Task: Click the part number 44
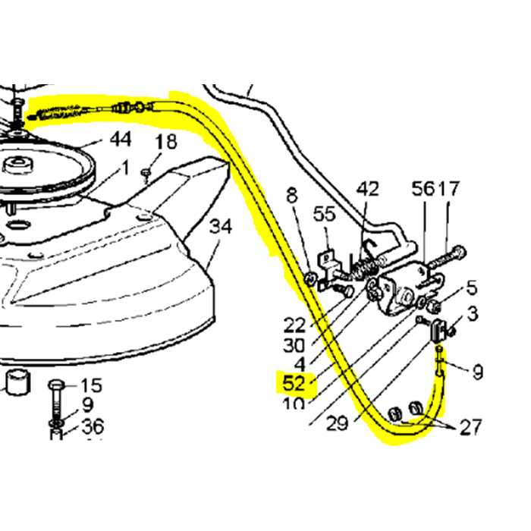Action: pos(120,140)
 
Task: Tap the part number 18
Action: pos(167,143)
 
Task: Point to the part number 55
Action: pos(324,215)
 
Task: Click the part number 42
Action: pos(367,190)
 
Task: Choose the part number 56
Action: pos(423,189)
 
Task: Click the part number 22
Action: pos(294,325)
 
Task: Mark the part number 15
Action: pos(90,385)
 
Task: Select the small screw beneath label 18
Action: pos(147,174)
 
